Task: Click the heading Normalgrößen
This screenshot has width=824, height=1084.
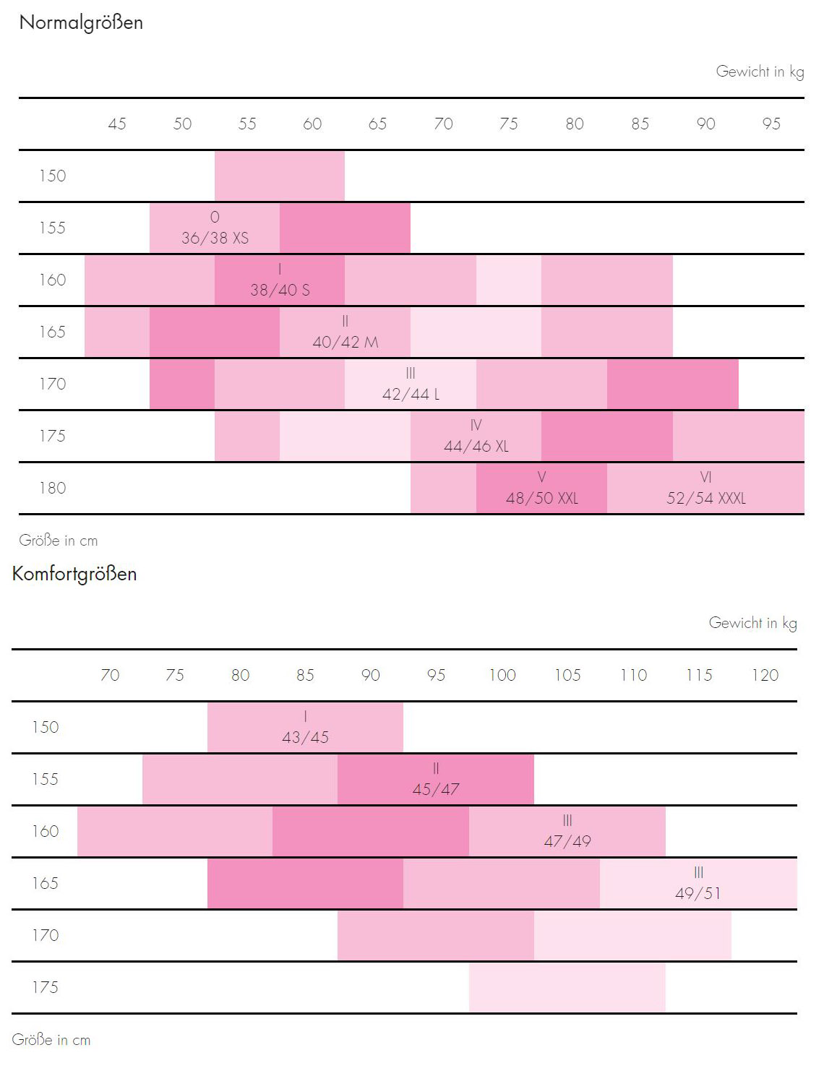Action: pos(81,23)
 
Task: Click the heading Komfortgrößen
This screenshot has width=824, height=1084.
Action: pos(74,575)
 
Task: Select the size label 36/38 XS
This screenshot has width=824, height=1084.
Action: pos(215,238)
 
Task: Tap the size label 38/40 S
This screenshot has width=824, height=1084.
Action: pos(280,290)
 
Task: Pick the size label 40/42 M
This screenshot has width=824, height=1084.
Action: pos(345,342)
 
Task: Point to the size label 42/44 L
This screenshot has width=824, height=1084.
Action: pos(411,394)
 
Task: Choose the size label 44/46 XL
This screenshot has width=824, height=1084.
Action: pos(476,446)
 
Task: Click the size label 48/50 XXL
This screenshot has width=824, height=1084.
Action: pos(541,498)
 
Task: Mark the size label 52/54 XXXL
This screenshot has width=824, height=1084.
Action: pos(705,498)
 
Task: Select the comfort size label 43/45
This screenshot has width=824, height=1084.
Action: pos(305,737)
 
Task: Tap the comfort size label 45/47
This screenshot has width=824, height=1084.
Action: pos(436,789)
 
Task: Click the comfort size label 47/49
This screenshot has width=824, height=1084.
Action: pos(567,841)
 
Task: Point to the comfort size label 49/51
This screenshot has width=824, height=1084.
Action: pos(698,893)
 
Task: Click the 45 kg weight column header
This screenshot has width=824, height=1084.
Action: pos(117,124)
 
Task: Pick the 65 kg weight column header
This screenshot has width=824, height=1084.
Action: pos(377,124)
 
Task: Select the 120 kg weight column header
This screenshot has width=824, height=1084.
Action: pos(765,676)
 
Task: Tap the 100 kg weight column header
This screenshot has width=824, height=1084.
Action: pos(502,676)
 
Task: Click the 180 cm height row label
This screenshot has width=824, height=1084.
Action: pos(52,489)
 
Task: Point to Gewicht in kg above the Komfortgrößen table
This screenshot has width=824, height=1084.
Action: pos(752,623)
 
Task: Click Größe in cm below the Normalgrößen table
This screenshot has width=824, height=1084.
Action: pos(59,541)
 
